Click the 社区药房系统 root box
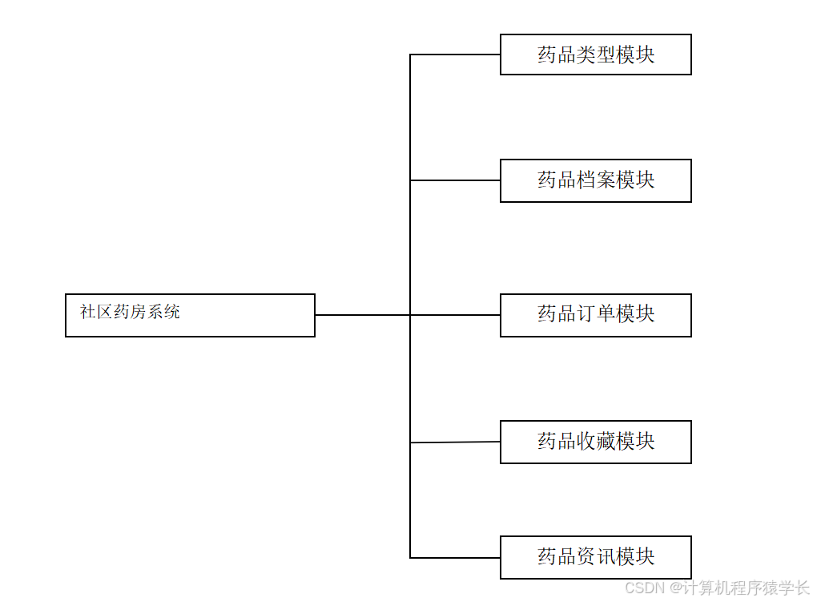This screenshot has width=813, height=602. pos(190,315)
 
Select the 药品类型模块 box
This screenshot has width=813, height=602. pos(595,55)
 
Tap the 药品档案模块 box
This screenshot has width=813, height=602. pos(595,180)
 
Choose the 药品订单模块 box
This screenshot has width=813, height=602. pos(595,315)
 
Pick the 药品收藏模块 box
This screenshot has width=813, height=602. pos(595,442)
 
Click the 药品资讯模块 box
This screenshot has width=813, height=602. pos(595,557)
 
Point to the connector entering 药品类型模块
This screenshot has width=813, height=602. pos(455,55)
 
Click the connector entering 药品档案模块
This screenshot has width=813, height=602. pos(455,180)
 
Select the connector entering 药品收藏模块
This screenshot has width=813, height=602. pos(455,442)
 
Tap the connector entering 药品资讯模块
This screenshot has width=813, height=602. pos(455,557)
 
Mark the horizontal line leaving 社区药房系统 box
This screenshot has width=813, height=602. pos(362,315)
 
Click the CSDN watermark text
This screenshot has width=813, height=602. pos(646,588)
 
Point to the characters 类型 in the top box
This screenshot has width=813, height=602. pos(596,55)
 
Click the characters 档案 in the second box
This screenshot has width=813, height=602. pos(596,180)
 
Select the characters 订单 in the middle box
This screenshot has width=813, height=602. pos(596,313)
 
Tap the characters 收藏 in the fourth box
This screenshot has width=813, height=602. pos(596,441)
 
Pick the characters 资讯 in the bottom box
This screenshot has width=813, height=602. pos(596,556)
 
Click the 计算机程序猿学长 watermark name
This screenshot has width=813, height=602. pos(747,588)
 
